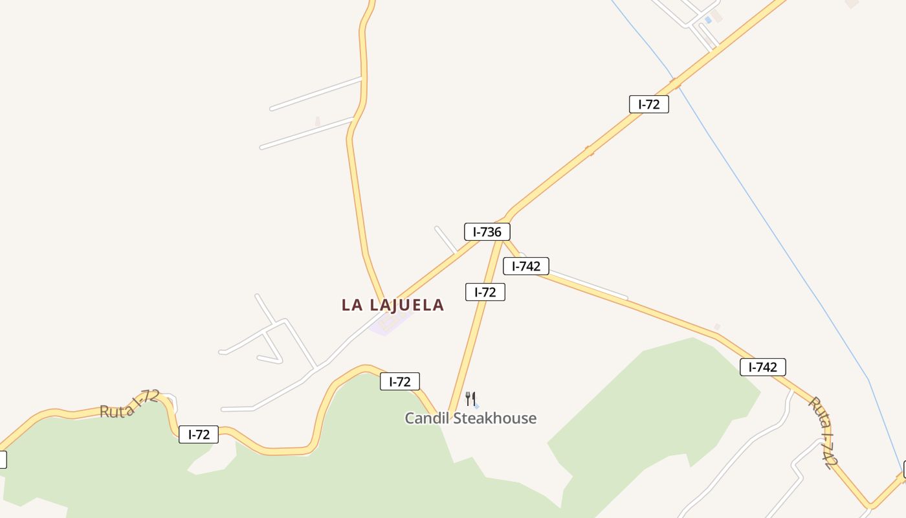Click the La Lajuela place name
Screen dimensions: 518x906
point(393,305)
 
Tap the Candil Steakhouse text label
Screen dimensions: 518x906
point(470,418)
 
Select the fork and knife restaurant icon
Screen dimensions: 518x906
point(470,399)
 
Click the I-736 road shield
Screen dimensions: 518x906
point(487,232)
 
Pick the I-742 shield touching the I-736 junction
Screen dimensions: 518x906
point(526,266)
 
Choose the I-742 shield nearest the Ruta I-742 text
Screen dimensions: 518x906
point(762,368)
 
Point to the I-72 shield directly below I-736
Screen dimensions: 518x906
point(485,293)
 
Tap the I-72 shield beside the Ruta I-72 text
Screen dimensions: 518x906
point(199,435)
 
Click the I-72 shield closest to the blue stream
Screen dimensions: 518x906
point(648,104)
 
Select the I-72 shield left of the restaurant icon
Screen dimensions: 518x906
point(399,382)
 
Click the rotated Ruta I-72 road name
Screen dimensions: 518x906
point(129,405)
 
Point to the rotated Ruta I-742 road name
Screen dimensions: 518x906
point(823,432)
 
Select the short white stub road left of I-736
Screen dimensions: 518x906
point(446,239)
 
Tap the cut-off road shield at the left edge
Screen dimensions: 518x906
point(2,460)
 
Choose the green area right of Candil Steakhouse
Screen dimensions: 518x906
point(654,401)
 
